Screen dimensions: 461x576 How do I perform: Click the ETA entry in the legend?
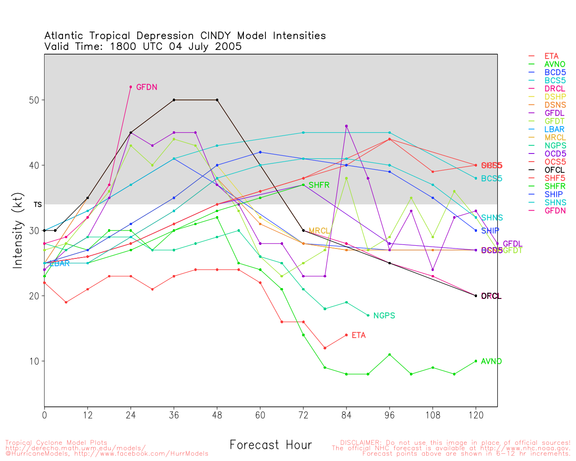pyautogui.click(x=551, y=56)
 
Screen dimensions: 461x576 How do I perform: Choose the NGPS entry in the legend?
pyautogui.click(x=555, y=145)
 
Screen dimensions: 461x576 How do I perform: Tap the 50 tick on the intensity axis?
pyautogui.click(x=34, y=100)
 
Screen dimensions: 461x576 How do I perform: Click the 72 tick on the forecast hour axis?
pyautogui.click(x=303, y=415)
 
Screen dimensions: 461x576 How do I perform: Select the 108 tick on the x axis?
pyautogui.click(x=433, y=415)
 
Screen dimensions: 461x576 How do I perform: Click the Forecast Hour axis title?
pyautogui.click(x=270, y=445)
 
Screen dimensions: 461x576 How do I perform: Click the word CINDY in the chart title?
pyautogui.click(x=216, y=36)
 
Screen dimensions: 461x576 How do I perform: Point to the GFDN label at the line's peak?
pyautogui.click(x=147, y=87)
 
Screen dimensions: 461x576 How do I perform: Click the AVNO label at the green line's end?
pyautogui.click(x=491, y=362)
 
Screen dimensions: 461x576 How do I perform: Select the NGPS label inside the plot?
pyautogui.click(x=384, y=316)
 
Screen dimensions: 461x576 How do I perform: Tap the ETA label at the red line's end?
pyautogui.click(x=359, y=335)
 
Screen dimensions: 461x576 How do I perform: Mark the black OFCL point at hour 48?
pyautogui.click(x=217, y=100)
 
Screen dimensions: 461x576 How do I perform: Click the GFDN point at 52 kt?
pyautogui.click(x=131, y=87)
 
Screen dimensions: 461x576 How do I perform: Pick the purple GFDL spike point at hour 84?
pyautogui.click(x=346, y=126)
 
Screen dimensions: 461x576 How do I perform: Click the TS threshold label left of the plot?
pyautogui.click(x=38, y=205)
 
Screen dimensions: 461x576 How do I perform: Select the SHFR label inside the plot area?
pyautogui.click(x=319, y=185)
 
